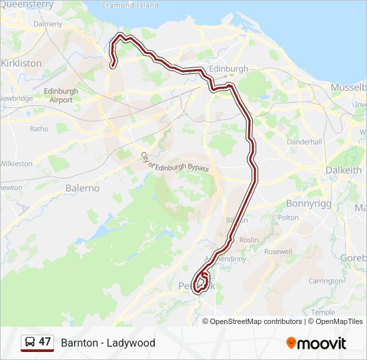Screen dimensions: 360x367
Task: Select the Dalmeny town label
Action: (47, 24)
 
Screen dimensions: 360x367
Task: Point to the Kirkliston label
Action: (22, 63)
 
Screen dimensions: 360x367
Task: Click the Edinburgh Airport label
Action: (60, 95)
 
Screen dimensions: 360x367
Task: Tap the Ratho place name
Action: (39, 129)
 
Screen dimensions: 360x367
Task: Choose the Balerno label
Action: (82, 188)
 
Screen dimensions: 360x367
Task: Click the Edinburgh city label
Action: (228, 69)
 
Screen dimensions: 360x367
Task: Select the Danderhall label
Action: (304, 142)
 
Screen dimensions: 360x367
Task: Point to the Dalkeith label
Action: (343, 170)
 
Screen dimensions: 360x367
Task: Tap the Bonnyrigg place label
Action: (308, 203)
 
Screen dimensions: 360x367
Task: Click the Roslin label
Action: (248, 240)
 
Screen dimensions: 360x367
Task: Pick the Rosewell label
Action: (278, 252)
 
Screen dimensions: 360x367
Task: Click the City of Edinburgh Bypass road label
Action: (175, 163)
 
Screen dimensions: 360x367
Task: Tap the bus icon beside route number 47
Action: (29, 342)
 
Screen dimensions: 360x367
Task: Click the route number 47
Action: (45, 342)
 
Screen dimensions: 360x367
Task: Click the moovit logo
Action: (316, 343)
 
